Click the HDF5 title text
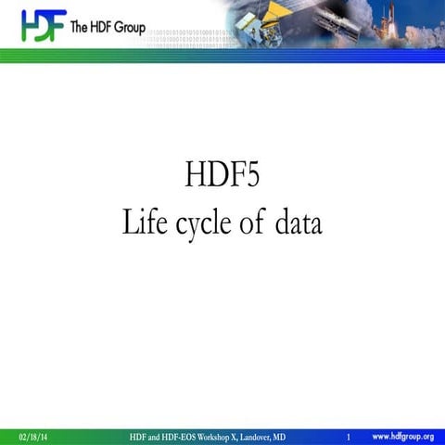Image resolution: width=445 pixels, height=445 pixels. pyautogui.click(x=222, y=175)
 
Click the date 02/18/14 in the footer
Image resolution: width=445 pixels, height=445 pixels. pyautogui.click(x=33, y=437)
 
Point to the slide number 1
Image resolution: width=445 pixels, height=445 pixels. pyautogui.click(x=348, y=437)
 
